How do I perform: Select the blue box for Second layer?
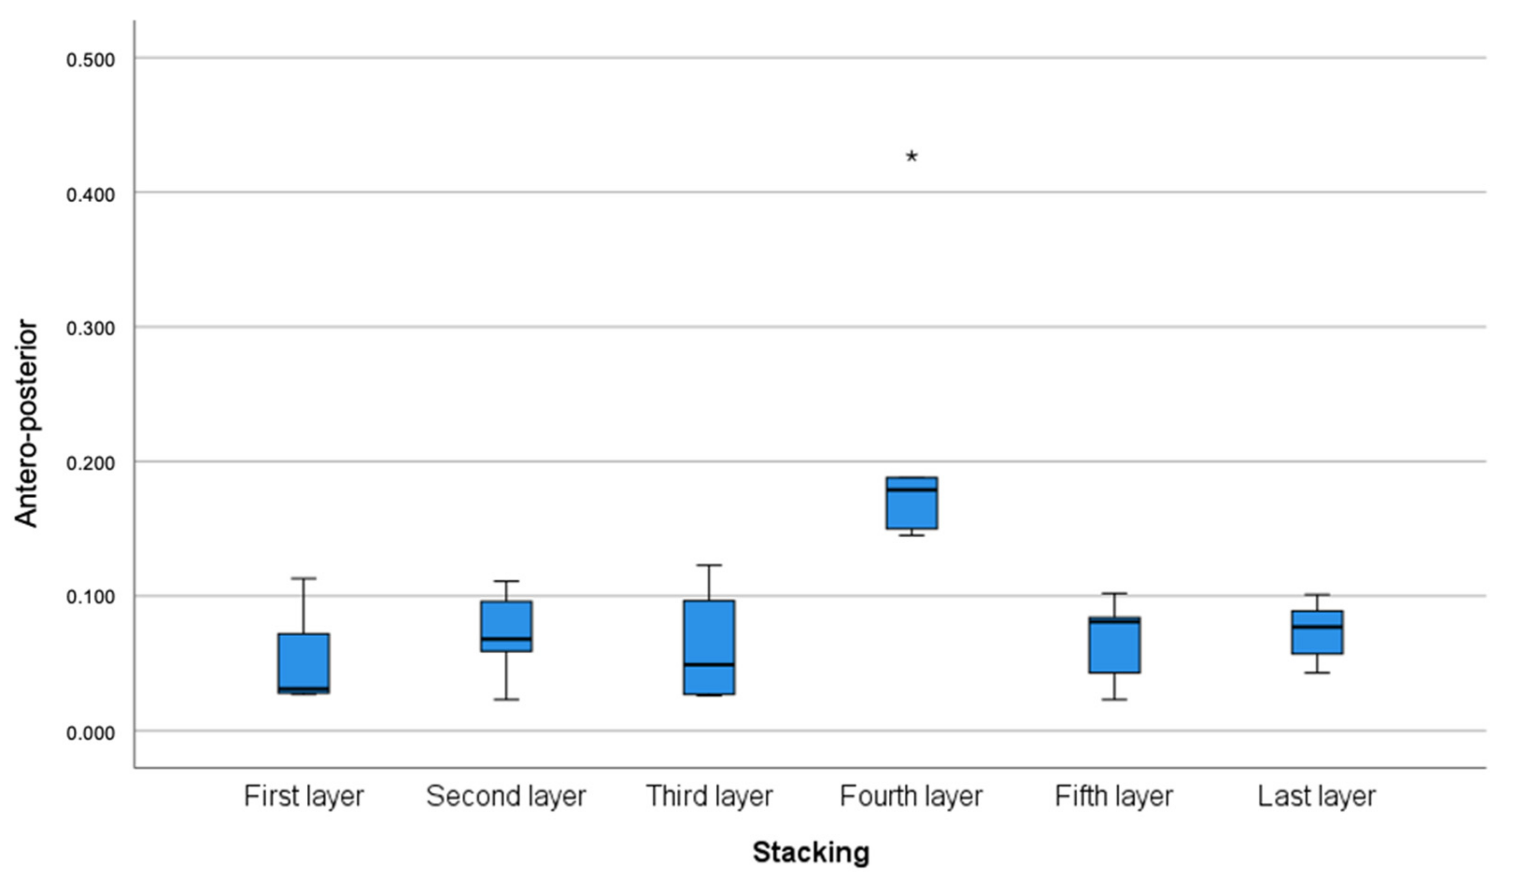(x=506, y=626)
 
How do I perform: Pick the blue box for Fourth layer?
(x=912, y=503)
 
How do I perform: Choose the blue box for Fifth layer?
(x=1114, y=644)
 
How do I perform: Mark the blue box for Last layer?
(x=1317, y=632)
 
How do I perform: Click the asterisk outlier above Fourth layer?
(x=912, y=157)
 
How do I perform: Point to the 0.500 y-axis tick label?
(x=91, y=60)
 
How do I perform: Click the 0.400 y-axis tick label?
(x=91, y=195)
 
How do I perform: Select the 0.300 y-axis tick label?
(x=91, y=329)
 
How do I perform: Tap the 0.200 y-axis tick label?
(x=91, y=464)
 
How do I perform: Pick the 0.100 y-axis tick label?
(x=91, y=598)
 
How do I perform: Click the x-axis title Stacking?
(x=811, y=852)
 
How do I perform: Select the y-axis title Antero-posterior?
(x=26, y=424)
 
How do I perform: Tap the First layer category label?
(x=304, y=797)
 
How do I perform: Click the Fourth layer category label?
(x=912, y=797)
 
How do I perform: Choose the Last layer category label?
(x=1317, y=797)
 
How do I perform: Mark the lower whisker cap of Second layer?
(x=506, y=699)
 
